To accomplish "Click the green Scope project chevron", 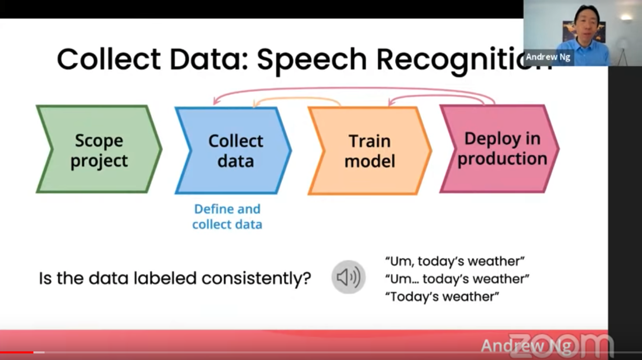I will [99, 149].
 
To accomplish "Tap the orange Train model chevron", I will [370, 150].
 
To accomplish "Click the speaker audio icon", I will [348, 277].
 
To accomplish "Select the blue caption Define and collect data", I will [227, 217].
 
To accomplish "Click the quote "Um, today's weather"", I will [455, 261].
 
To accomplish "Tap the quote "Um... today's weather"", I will [457, 279].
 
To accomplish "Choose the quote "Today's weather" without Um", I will [442, 297].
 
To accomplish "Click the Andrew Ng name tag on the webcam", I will [548, 57].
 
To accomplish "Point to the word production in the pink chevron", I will [502, 158].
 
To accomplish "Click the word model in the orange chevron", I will [370, 161].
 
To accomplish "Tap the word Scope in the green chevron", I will [99, 140].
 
